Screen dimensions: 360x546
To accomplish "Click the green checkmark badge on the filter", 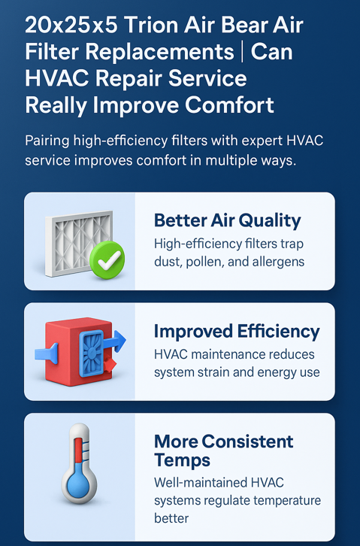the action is point(107,259).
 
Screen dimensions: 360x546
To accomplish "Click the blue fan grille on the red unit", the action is point(92,353).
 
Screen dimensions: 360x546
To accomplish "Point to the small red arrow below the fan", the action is point(109,366).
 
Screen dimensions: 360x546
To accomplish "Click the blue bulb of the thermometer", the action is point(79,484).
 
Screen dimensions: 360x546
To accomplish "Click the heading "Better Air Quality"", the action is point(228,221).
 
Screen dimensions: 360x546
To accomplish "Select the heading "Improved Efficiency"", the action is point(237,331).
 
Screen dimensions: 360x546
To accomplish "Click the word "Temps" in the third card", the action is point(183,460).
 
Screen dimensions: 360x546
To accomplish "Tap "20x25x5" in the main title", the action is point(71,25).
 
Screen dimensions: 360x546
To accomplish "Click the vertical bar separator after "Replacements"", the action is point(243,52).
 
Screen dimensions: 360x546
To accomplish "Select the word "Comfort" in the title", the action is point(229,105).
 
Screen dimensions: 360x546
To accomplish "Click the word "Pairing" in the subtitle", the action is point(47,141).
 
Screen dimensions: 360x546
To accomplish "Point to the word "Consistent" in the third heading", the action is point(247,441).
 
